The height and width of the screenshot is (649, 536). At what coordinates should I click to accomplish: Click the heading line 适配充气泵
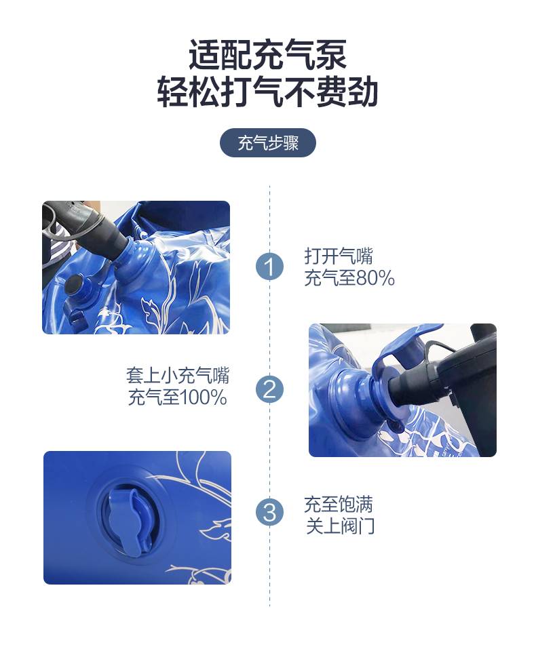point(267,55)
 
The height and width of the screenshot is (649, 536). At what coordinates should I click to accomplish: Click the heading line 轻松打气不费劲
point(267,92)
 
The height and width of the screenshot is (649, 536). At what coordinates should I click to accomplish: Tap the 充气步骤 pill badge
point(267,143)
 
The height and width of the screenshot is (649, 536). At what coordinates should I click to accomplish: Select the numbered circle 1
point(269,266)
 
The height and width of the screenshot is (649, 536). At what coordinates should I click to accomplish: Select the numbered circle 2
point(269,389)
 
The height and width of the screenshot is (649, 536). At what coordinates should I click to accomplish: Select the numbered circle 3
point(269,512)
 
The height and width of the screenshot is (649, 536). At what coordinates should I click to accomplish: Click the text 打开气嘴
point(339,256)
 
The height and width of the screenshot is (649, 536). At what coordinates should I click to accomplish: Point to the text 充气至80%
point(349,278)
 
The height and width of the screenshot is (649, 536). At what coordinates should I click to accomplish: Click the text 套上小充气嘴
point(177,376)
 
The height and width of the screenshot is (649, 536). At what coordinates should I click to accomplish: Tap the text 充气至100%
point(177,397)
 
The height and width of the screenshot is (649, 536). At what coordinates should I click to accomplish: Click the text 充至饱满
point(339,504)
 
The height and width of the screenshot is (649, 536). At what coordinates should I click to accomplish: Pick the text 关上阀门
point(340,526)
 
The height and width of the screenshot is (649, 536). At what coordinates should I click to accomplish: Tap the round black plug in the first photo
point(75,284)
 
